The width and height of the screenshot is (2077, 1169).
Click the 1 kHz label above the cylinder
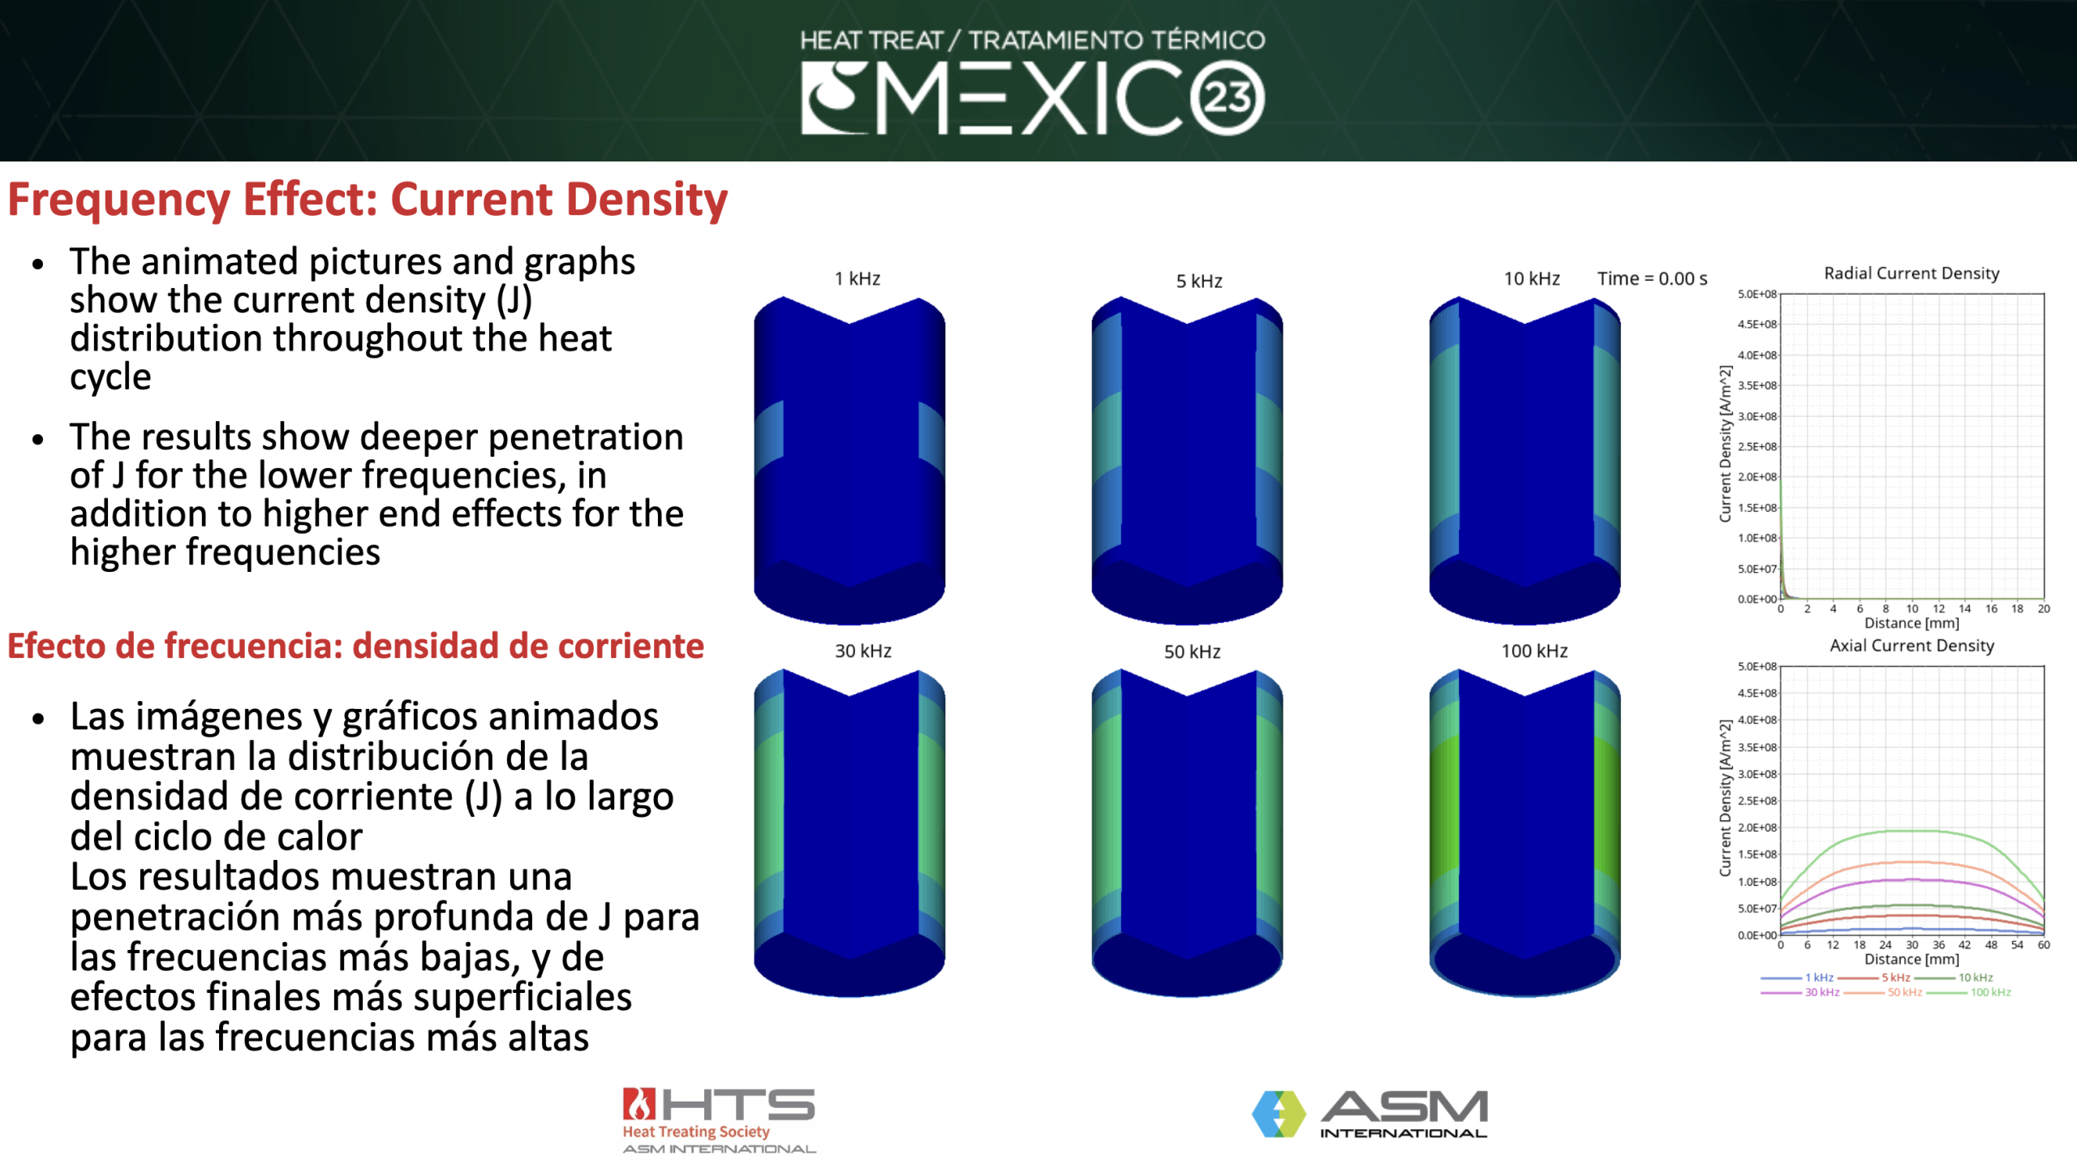[x=857, y=278]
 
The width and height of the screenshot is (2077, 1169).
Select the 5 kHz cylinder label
[x=1198, y=281]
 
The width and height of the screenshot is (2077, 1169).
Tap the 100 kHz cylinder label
[x=1533, y=651]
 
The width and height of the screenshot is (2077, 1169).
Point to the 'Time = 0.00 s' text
[x=1652, y=278]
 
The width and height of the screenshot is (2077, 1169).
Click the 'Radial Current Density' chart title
[x=1911, y=273]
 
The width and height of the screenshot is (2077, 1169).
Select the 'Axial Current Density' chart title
[x=1911, y=645]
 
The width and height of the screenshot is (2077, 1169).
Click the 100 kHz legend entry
[x=1989, y=992]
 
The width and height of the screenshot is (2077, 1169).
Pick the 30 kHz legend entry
[x=1821, y=992]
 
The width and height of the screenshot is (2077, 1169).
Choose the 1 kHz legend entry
[x=1818, y=978]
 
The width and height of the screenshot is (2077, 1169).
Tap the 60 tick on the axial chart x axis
[x=2043, y=944]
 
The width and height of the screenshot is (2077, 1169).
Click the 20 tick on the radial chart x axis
[x=2043, y=608]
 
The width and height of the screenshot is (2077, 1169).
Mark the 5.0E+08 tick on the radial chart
[x=1757, y=294]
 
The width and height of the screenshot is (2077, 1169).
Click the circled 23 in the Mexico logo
[x=1227, y=98]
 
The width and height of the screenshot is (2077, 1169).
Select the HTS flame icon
[x=639, y=1104]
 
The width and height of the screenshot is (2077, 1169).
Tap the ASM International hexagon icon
[x=1278, y=1113]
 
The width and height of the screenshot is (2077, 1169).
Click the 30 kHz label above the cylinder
[x=862, y=651]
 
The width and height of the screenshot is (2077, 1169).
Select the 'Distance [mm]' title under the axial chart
[x=1911, y=959]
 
